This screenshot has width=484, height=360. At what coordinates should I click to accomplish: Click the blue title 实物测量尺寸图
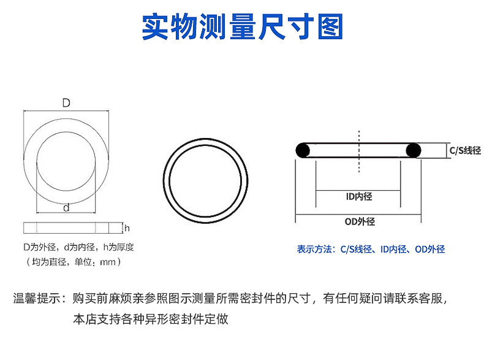[243, 26]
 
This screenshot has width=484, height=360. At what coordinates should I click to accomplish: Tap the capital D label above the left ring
[66, 102]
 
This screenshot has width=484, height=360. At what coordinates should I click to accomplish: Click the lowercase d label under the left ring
[66, 208]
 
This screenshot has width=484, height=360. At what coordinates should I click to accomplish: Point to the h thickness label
[127, 228]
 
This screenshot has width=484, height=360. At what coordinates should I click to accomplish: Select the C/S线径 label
[465, 150]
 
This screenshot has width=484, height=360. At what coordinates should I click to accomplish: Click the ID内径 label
[359, 196]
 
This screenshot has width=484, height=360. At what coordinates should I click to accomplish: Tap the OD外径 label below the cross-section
[360, 221]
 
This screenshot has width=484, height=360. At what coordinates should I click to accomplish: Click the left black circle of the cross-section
[303, 150]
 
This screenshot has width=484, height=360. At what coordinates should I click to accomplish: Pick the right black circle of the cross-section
[414, 150]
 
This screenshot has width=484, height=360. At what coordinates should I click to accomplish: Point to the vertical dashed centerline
[359, 151]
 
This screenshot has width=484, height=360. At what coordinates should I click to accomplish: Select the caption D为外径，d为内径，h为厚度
[78, 247]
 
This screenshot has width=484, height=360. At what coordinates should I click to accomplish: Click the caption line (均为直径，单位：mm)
[73, 262]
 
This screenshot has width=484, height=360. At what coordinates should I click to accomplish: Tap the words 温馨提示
[36, 299]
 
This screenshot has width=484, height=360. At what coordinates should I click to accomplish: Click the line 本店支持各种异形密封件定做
[151, 319]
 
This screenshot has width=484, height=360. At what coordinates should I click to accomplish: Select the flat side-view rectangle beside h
[66, 228]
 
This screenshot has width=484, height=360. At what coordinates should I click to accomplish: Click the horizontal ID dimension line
[358, 190]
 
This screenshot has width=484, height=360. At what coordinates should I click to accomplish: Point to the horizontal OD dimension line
[358, 215]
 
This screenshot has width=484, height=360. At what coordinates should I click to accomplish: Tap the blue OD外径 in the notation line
[430, 249]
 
